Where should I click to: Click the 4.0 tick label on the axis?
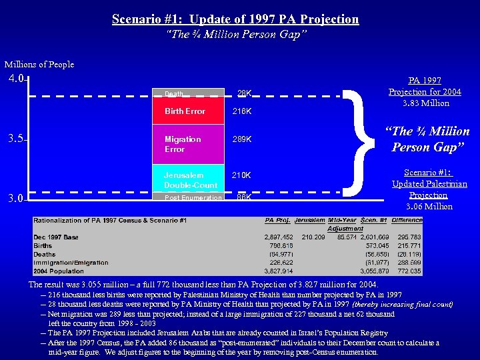pyautogui.click(x=16, y=79)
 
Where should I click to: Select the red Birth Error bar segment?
pyautogui.click(x=190, y=111)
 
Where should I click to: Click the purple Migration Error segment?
pyautogui.click(x=190, y=144)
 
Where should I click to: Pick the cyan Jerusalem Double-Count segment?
pyautogui.click(x=190, y=179)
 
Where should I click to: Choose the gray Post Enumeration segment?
pyautogui.click(x=190, y=198)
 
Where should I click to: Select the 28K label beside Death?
pyautogui.click(x=245, y=93)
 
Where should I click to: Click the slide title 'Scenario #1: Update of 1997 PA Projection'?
pyautogui.click(x=235, y=19)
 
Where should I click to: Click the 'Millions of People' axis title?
pyautogui.click(x=39, y=65)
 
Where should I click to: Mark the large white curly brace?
pyautogui.click(x=366, y=140)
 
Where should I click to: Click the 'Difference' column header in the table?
pyautogui.click(x=407, y=220)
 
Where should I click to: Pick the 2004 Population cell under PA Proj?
pyautogui.click(x=279, y=271)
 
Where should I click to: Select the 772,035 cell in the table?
pyautogui.click(x=407, y=271)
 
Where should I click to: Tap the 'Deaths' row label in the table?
pyautogui.click(x=45, y=254)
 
